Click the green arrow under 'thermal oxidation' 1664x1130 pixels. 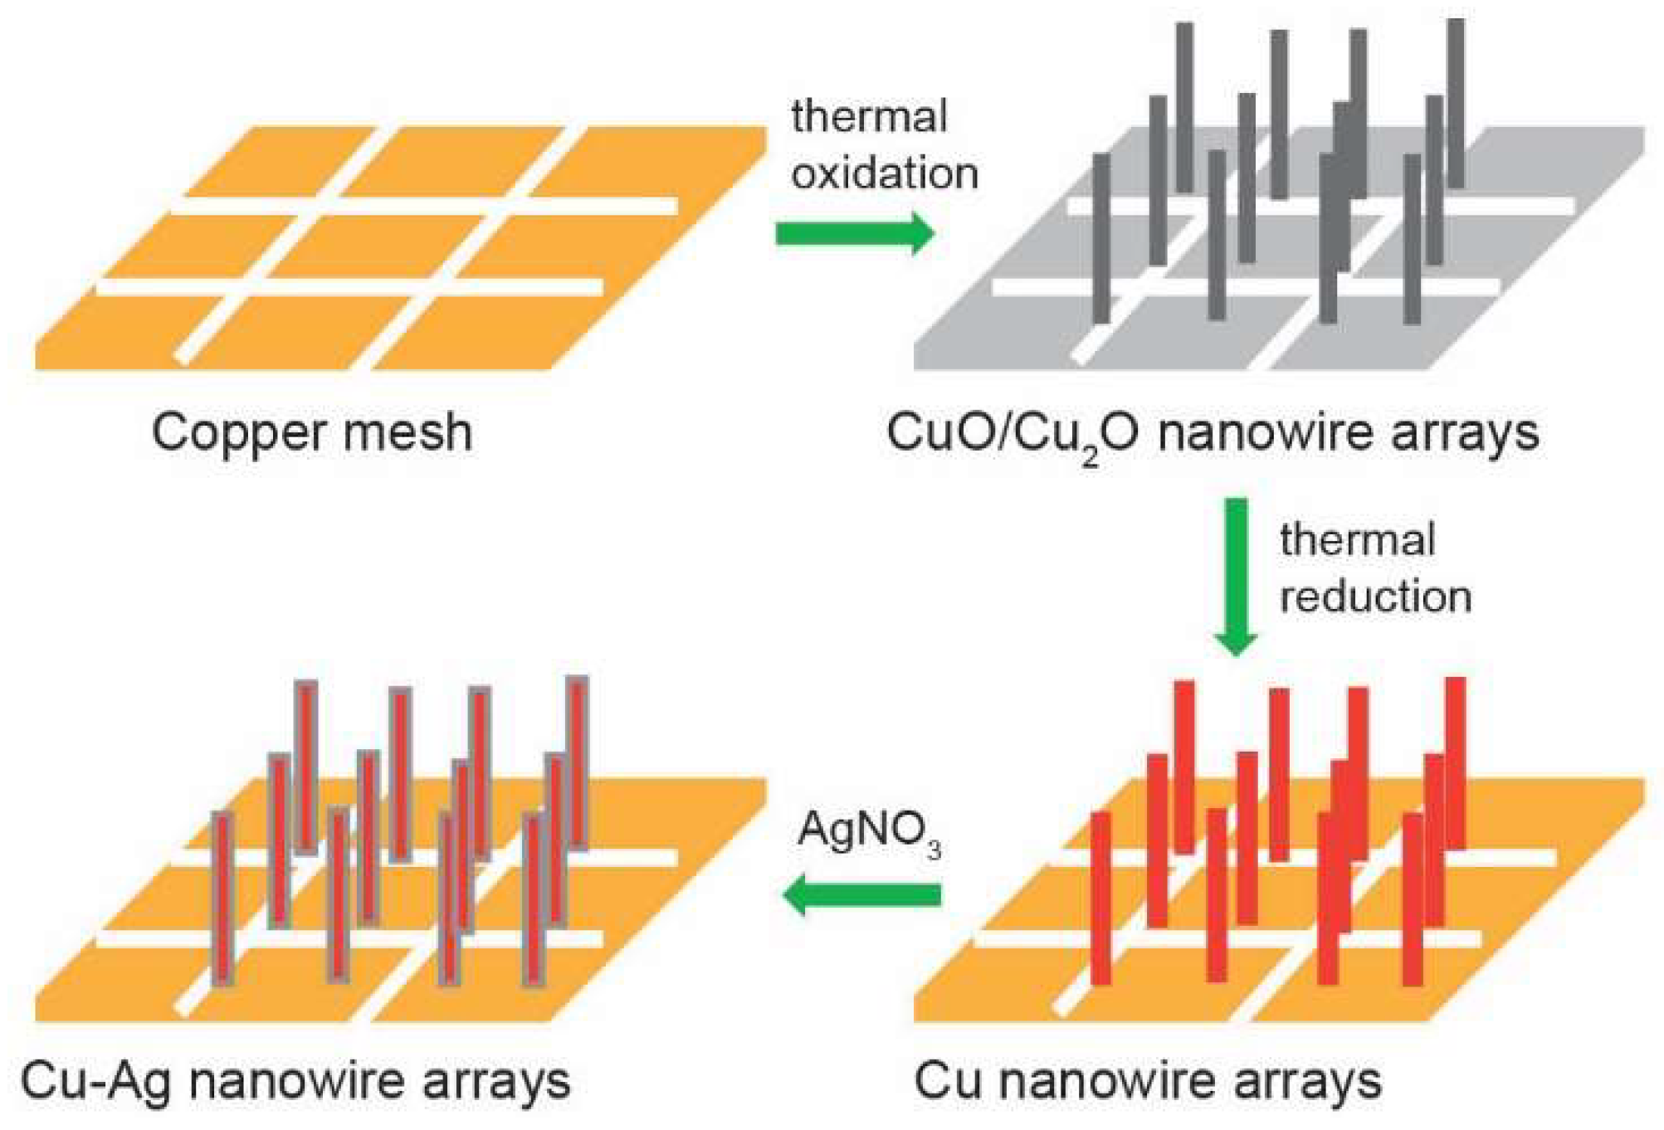855,233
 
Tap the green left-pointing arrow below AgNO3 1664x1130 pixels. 863,895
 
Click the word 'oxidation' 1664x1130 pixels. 885,173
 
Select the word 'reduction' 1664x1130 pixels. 1375,597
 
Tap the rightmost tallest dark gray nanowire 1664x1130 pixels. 1456,104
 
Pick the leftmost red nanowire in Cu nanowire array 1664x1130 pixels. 1100,899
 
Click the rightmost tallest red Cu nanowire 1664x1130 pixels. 1456,763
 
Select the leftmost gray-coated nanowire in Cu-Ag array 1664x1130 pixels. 222,899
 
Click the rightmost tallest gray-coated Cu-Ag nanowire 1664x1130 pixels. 578,763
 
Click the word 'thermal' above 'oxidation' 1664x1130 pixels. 868,116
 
